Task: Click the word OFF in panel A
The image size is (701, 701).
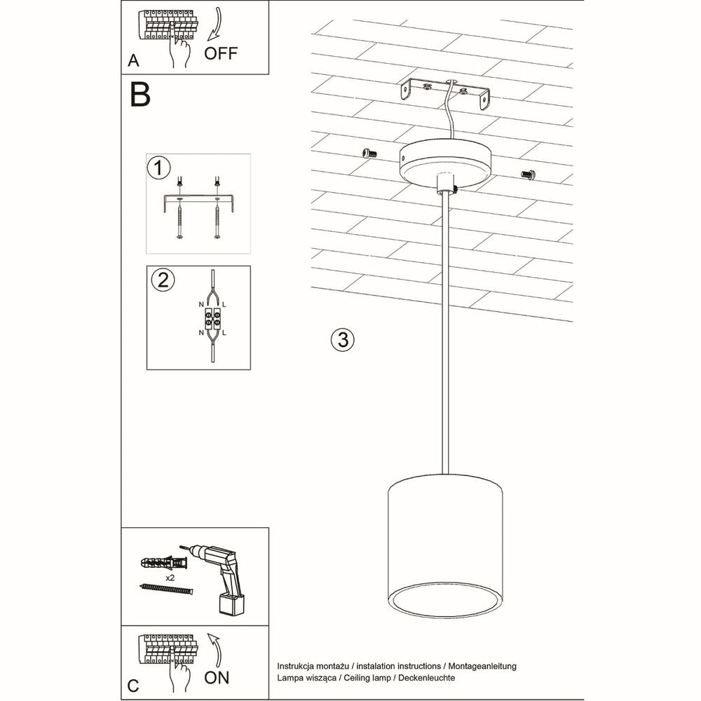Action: coord(221,54)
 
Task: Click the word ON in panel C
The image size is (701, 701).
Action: coord(218,677)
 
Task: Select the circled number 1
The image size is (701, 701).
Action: coord(159,168)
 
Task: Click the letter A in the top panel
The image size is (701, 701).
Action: coord(133,62)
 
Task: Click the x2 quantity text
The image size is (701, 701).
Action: coord(170,577)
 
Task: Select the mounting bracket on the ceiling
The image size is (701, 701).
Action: coord(447,92)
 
